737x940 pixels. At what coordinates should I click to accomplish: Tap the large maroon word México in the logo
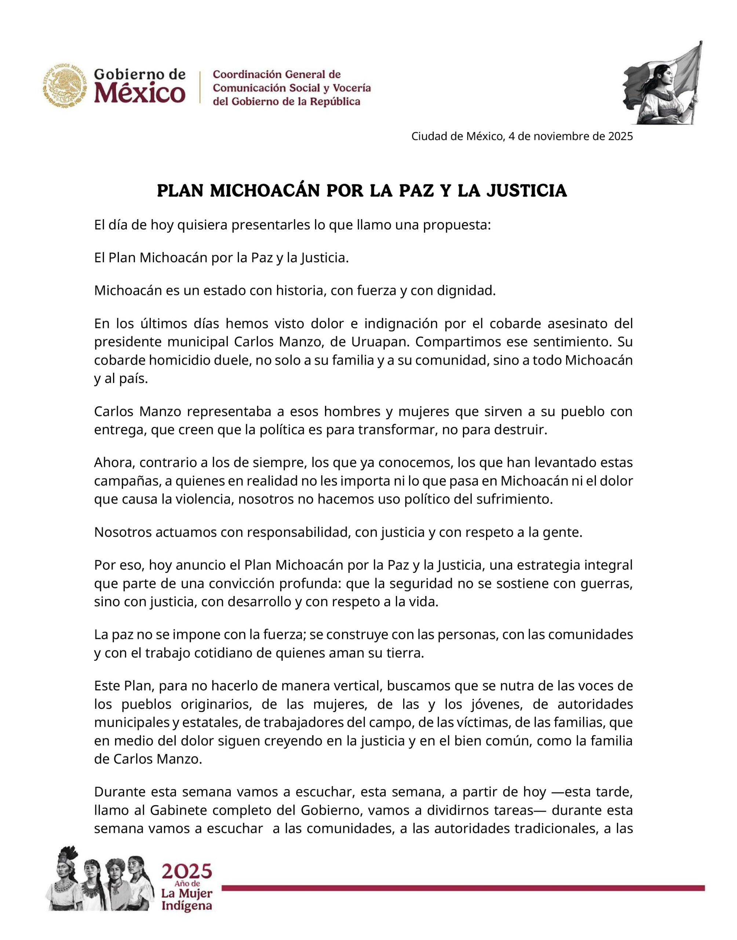click(140, 93)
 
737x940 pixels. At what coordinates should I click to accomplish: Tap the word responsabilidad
click(299, 532)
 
